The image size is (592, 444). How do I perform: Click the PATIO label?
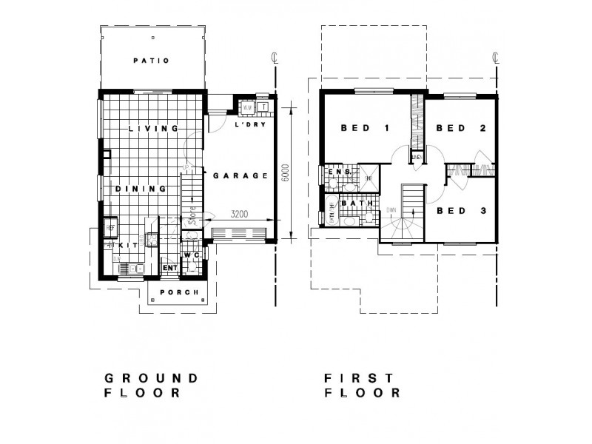(x=151, y=61)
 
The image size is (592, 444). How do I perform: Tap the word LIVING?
(x=154, y=128)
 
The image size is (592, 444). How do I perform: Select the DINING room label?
(x=140, y=189)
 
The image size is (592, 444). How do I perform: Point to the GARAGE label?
(x=240, y=176)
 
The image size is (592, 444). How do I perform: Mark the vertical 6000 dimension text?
(x=286, y=176)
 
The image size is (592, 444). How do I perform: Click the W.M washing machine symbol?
(x=247, y=108)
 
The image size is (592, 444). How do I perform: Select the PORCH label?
(x=178, y=292)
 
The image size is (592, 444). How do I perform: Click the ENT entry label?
(x=168, y=267)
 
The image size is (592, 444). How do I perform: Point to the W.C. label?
(x=192, y=255)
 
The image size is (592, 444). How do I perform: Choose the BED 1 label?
(x=365, y=128)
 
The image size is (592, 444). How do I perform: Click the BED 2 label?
(x=460, y=128)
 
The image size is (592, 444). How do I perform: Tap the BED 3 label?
(x=460, y=211)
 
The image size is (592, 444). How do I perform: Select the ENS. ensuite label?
(x=339, y=172)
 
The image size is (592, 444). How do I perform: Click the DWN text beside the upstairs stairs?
(x=391, y=211)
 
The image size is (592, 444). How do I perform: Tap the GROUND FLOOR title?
(x=151, y=385)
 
